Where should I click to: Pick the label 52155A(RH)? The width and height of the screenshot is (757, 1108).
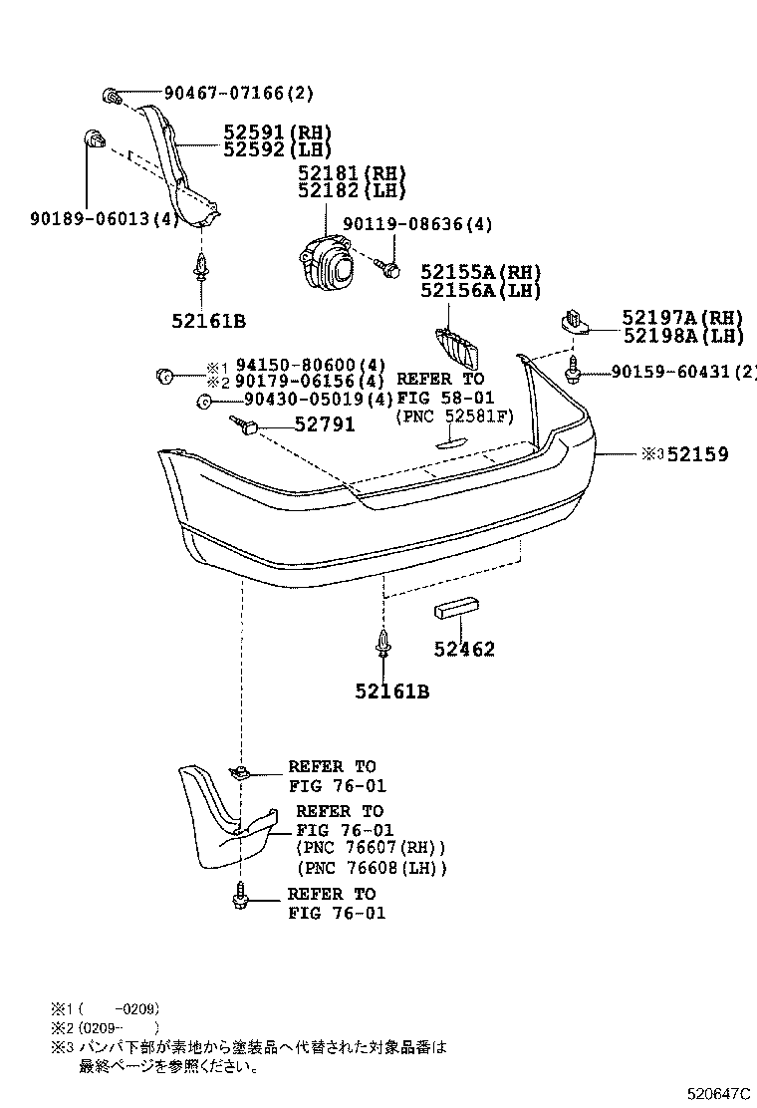[x=479, y=272]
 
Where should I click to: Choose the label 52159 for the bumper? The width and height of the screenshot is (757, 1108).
[x=697, y=454]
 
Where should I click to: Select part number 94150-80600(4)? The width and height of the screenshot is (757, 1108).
[x=310, y=365]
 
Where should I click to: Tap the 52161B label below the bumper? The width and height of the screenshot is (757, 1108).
[x=391, y=691]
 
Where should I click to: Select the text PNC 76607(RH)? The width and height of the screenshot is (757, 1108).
[x=371, y=848]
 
